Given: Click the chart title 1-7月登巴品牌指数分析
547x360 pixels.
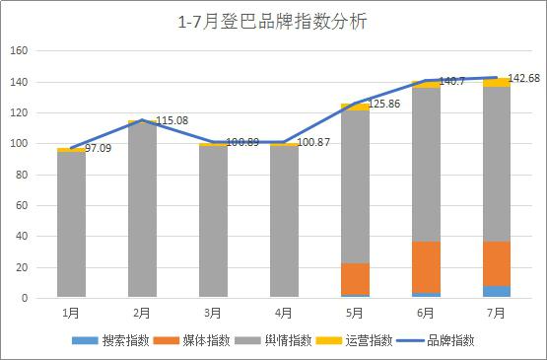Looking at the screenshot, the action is point(272,22).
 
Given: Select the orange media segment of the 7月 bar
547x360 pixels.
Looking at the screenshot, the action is point(497,263).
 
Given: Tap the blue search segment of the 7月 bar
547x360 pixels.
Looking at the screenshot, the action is point(497,292).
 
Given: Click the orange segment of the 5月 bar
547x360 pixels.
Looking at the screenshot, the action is point(355,279).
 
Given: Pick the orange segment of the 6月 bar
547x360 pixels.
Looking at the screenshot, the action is point(426,267).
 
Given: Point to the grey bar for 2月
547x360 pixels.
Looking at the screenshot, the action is point(142,210).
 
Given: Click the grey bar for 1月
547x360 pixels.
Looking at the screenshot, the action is point(72,225).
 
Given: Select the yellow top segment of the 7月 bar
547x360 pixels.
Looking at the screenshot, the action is point(497,83).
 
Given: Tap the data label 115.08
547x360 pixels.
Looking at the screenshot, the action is point(171,120).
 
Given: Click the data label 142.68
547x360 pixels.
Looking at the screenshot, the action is point(524,78).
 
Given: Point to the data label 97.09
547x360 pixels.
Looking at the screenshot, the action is point(99,148).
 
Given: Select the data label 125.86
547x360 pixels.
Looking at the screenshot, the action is point(384,104).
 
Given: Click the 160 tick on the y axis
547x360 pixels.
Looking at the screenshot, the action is point(19,50).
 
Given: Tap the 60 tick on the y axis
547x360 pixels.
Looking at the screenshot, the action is point(22,205).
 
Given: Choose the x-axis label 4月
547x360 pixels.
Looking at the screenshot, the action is point(284,314).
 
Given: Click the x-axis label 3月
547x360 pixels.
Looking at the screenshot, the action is point(213,314).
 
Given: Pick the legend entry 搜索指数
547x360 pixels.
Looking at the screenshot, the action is point(110,340).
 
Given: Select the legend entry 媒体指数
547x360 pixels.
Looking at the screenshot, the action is point(191,340).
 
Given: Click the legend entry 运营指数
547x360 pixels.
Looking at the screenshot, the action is point(354,340).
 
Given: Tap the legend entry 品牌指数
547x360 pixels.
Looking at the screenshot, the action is point(436,340).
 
